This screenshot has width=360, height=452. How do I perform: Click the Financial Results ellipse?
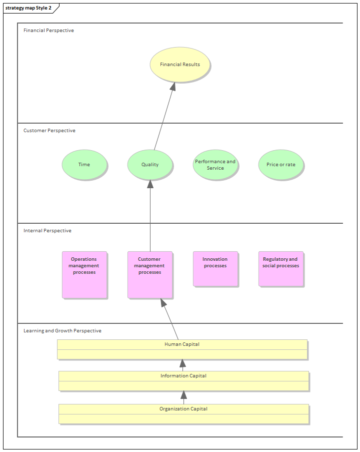point(180,65)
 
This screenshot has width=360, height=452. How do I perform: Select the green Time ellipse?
point(84,165)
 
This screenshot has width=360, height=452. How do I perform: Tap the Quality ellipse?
point(150,165)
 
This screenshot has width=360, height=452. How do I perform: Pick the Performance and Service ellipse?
point(215,165)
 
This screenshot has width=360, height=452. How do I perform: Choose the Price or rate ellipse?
point(281,165)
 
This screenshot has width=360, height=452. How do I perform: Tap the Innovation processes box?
point(215,269)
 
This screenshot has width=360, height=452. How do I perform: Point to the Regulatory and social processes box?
point(280,269)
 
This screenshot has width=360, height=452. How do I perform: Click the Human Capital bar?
point(182,349)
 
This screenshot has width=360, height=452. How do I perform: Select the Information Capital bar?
point(183,380)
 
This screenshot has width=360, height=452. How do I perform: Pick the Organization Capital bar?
point(183,413)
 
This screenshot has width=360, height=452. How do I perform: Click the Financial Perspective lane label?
point(48,31)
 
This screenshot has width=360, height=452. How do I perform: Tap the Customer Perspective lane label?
point(49,131)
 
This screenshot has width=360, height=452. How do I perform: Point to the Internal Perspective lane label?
point(47,231)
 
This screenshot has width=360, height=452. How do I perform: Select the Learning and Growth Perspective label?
point(62,331)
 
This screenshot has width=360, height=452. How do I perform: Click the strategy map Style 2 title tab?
point(28,8)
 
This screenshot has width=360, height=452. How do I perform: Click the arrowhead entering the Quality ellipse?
point(150,184)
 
